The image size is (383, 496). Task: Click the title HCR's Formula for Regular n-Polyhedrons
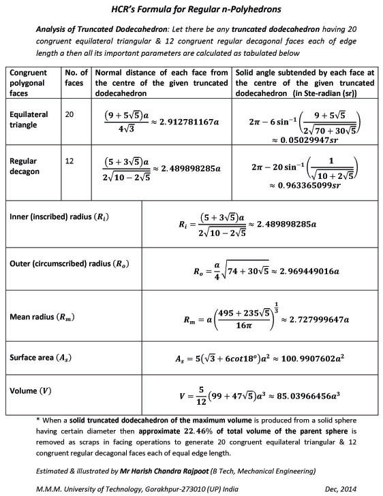tap(191, 10)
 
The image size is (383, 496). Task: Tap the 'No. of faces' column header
tap(76, 79)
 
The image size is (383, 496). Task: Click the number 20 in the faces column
tap(70, 114)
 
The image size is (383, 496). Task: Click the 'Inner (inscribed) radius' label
tap(59, 216)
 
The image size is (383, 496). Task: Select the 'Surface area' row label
tap(40, 357)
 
